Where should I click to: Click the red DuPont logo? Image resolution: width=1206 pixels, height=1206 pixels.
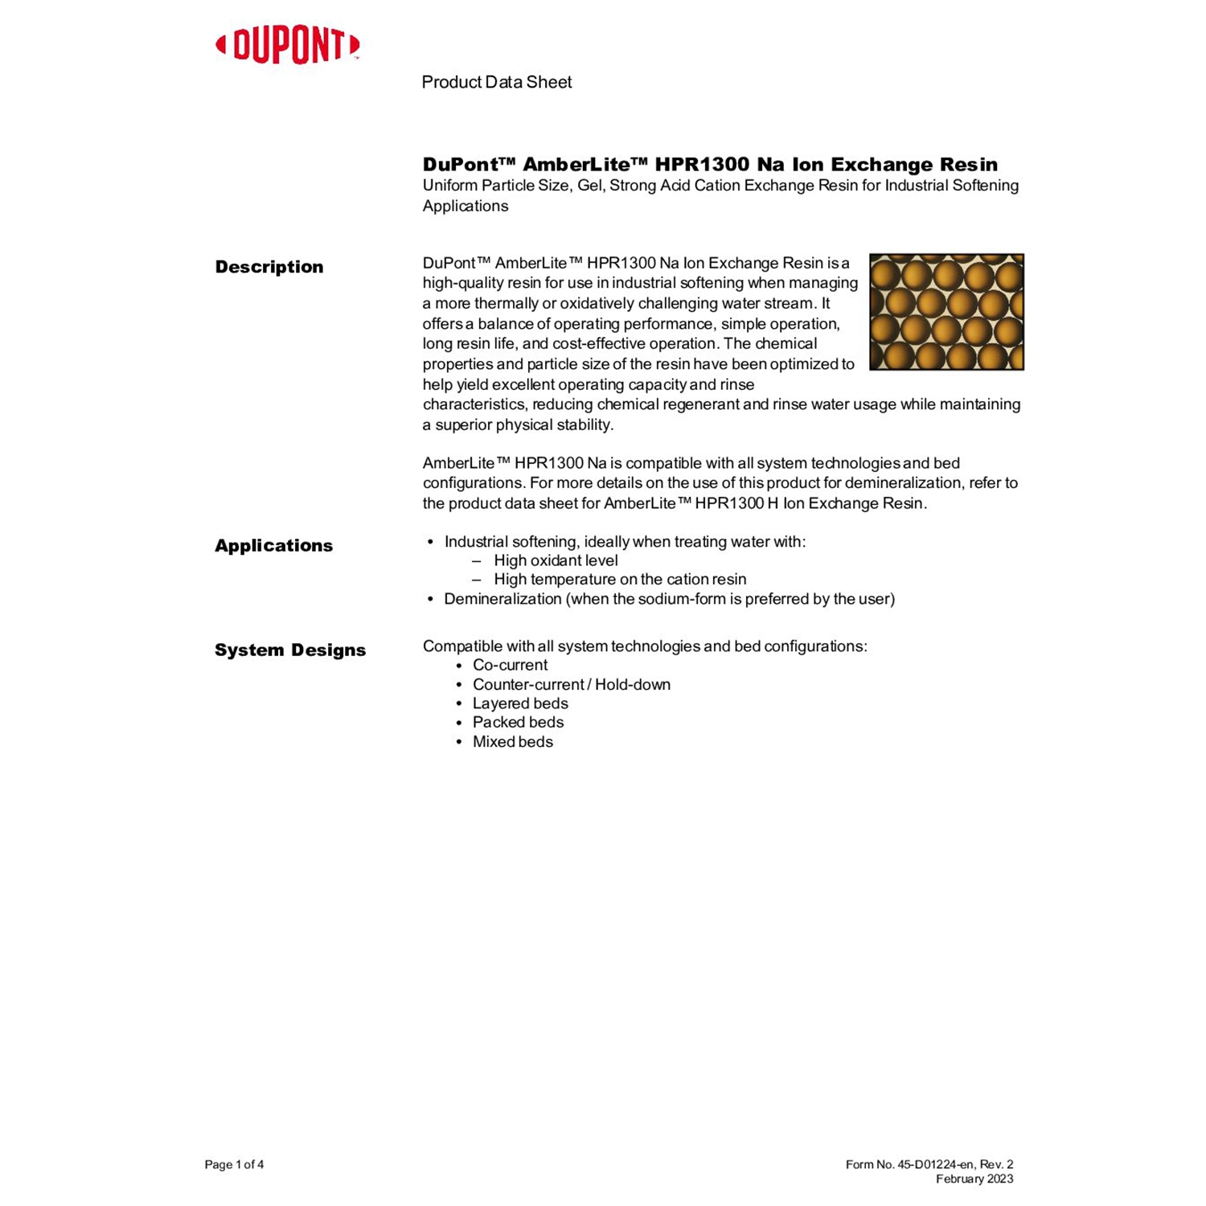coord(287,46)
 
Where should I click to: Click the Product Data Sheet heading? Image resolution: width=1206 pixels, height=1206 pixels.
coord(496,82)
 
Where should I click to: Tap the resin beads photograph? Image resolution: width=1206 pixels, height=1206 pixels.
coord(946,312)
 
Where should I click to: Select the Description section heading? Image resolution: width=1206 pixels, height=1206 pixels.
coord(269,267)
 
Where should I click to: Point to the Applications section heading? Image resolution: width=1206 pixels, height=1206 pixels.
coord(273,546)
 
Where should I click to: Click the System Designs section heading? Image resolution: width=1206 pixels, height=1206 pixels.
coord(289,650)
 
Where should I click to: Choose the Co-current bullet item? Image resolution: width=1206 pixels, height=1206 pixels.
coord(510,665)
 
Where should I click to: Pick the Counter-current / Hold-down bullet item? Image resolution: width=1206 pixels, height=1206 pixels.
coord(571,684)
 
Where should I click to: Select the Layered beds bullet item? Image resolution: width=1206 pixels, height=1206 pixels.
coord(520,703)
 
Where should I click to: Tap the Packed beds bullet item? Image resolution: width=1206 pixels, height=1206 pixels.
coord(518,722)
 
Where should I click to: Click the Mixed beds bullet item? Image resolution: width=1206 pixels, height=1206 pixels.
coord(512,741)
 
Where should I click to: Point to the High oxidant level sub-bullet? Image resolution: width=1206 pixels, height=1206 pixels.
coord(556,560)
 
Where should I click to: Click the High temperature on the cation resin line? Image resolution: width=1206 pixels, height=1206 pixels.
coord(620,579)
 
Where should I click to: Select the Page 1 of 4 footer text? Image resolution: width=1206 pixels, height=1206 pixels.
coord(234,1164)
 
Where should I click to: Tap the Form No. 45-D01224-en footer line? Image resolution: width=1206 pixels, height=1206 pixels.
coord(929,1164)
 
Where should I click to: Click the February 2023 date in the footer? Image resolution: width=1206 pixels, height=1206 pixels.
coord(974,1179)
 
